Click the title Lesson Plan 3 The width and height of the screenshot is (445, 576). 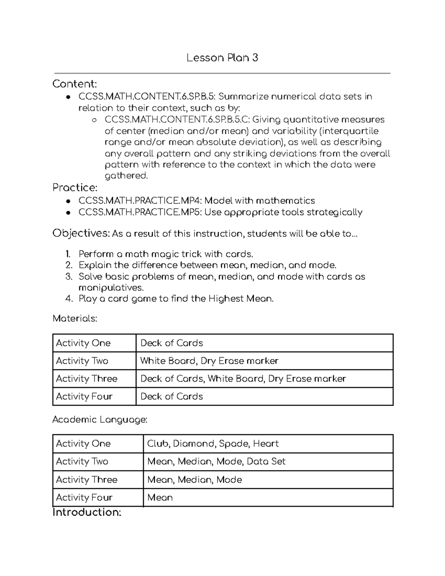(x=222, y=58)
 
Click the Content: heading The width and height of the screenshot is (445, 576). (x=75, y=84)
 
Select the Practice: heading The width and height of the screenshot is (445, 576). (x=75, y=188)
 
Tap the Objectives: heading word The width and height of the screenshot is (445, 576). (x=81, y=233)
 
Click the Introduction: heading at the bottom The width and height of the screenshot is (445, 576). (x=87, y=512)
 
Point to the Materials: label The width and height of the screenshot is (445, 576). (x=75, y=318)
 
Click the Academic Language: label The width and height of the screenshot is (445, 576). (x=100, y=419)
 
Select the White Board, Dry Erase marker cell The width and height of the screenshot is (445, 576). (x=209, y=361)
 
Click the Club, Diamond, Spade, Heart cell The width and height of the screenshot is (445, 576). (x=212, y=444)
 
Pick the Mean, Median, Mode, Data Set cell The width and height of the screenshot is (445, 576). (x=216, y=461)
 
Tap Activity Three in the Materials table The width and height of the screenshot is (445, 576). (x=86, y=379)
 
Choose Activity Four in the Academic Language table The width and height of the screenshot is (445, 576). (x=84, y=497)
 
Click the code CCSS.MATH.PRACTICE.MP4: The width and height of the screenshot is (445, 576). (x=141, y=201)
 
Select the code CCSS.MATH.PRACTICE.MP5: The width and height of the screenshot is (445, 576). (x=141, y=212)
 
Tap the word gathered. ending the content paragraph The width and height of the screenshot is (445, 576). (x=126, y=176)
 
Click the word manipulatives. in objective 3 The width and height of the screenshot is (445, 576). (x=111, y=287)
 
